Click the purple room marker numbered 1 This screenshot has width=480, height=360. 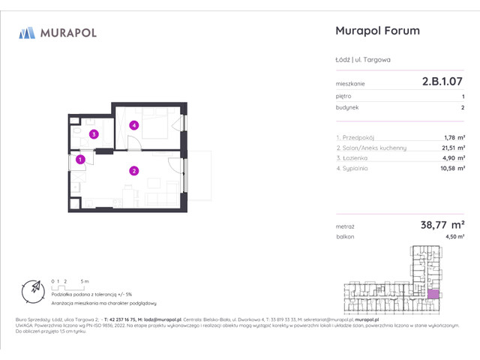(x=79, y=158)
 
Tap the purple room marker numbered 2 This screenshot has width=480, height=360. (x=133, y=171)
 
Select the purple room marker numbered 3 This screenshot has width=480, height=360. (x=93, y=135)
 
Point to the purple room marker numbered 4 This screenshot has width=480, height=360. (x=133, y=125)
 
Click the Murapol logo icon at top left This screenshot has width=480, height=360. (x=27, y=33)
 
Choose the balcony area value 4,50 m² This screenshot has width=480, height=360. (x=454, y=236)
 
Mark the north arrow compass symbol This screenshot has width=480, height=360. (x=34, y=289)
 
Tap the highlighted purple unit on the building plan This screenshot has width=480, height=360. (x=433, y=295)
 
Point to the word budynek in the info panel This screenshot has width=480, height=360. (x=347, y=107)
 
